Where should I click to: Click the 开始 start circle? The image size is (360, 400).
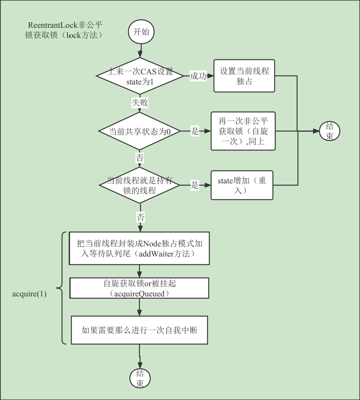pyautogui.click(x=141, y=32)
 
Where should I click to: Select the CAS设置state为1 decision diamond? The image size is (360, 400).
pyautogui.click(x=140, y=76)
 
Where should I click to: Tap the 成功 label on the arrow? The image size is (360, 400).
pyautogui.click(x=198, y=76)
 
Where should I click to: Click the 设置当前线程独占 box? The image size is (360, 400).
pyautogui.click(x=244, y=76)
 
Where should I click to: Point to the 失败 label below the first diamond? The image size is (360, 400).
pyautogui.click(x=140, y=103)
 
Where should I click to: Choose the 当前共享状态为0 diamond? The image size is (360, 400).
pyautogui.click(x=140, y=131)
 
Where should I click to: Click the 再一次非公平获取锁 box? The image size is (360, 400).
pyautogui.click(x=243, y=131)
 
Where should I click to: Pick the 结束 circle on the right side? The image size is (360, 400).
pyautogui.click(x=329, y=131)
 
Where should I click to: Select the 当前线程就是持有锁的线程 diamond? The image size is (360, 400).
pyautogui.click(x=140, y=185)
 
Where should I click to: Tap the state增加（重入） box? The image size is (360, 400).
pyautogui.click(x=241, y=185)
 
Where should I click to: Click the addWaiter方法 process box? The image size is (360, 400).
pyautogui.click(x=140, y=248)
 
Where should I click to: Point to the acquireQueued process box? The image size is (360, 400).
pyautogui.click(x=140, y=288)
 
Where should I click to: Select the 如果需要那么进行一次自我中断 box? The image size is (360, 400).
pyautogui.click(x=139, y=330)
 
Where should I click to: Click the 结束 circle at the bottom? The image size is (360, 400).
pyautogui.click(x=140, y=378)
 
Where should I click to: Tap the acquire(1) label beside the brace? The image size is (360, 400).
pyautogui.click(x=29, y=294)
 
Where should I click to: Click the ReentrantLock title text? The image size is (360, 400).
pyautogui.click(x=65, y=30)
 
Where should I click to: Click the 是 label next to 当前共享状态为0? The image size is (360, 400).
pyautogui.click(x=195, y=131)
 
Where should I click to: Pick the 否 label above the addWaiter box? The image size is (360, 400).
pyautogui.click(x=140, y=217)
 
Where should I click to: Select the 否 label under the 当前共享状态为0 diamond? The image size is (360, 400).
pyautogui.click(x=140, y=158)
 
